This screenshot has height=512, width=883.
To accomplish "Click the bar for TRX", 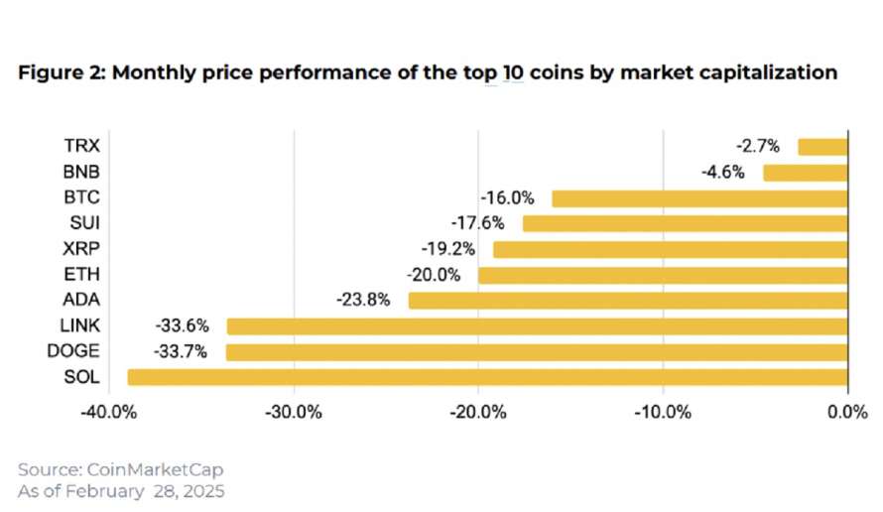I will [x=822, y=147].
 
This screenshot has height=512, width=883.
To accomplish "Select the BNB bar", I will [x=805, y=173].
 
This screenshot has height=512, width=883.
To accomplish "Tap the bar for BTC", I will [x=699, y=198].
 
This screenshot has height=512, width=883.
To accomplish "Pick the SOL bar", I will [x=487, y=377].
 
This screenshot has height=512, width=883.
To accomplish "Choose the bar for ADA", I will [x=628, y=301].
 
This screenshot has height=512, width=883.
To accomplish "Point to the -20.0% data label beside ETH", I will [x=433, y=275].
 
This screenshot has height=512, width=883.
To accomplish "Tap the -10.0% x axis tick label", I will [x=663, y=413].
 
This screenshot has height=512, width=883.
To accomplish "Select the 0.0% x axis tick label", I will [x=847, y=413].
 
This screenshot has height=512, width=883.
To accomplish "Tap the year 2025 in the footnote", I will [x=203, y=490].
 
